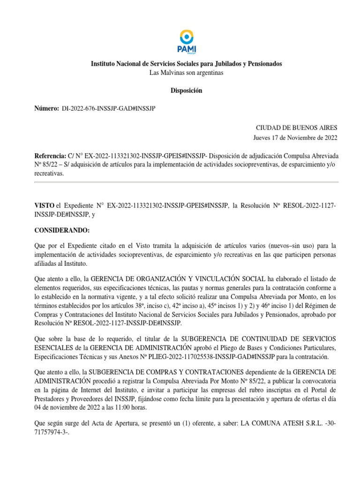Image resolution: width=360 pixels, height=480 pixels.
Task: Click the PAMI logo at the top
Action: pos(186,41)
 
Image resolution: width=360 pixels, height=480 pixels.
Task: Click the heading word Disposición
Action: pos(186,91)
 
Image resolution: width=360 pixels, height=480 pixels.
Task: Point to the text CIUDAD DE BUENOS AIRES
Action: pos(296,128)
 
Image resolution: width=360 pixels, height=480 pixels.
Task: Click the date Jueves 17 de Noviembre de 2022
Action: pos(295,138)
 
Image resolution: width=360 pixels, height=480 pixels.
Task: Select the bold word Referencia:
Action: pos(52,156)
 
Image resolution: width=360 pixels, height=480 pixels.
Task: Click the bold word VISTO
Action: pos(45,206)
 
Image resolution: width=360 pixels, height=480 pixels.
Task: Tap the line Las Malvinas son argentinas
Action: pos(186,73)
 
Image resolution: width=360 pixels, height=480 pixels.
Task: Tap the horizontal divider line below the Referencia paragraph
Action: pos(186,182)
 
